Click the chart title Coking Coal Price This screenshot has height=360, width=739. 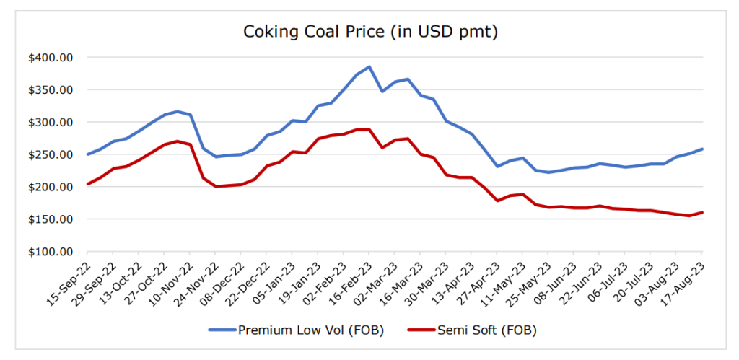coord(369,32)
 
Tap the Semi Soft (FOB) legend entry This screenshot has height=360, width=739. coord(487,330)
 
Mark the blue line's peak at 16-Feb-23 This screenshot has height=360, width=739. coord(369,66)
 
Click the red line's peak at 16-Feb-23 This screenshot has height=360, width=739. coord(369,130)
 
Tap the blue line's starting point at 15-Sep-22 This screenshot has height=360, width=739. coord(87,154)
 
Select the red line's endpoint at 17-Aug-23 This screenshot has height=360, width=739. coord(702,212)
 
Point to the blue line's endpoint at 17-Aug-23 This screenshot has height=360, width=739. coord(702,149)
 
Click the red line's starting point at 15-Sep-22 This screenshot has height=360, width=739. coord(87,184)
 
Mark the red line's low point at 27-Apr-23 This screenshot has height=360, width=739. coord(497,201)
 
